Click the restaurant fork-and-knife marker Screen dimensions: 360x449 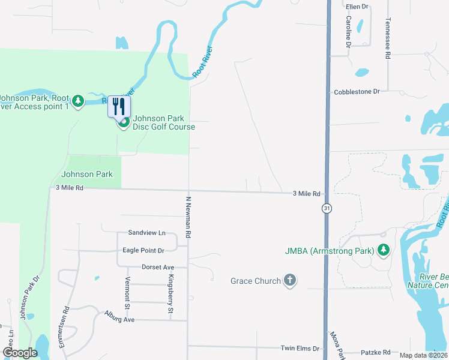pyautogui.click(x=119, y=107)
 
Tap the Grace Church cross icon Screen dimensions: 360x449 pyautogui.click(x=289, y=281)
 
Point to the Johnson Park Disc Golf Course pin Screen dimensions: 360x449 pyautogui.click(x=123, y=124)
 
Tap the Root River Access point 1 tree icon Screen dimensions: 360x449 pyautogui.click(x=77, y=102)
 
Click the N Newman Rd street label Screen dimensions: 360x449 pyautogui.click(x=188, y=217)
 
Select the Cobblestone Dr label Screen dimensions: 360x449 pyautogui.click(x=357, y=92)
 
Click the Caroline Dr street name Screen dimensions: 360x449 pyautogui.click(x=348, y=32)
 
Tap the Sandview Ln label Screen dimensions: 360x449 pyautogui.click(x=146, y=233)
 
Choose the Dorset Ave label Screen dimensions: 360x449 pyautogui.click(x=158, y=267)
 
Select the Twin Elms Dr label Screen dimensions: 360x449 pyautogui.click(x=301, y=348)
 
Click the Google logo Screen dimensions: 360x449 pyautogui.click(x=19, y=353)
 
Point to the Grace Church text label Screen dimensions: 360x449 pyautogui.click(x=256, y=281)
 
